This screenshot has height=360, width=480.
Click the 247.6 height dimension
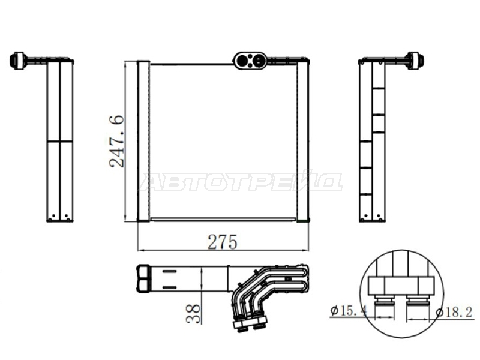[x=116, y=141]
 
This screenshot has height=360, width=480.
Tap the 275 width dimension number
[x=223, y=242]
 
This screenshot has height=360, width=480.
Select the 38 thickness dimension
[x=193, y=314]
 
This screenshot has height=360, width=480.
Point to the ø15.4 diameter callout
[x=348, y=311]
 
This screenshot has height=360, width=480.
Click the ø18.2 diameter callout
[x=454, y=313]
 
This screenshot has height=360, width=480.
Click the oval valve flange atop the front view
[x=250, y=61]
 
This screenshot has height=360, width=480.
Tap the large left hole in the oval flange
[x=244, y=61]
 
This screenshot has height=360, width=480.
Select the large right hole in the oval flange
[x=258, y=61]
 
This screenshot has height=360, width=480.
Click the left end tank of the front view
[x=143, y=141]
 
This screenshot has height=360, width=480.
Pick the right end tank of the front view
[x=303, y=141]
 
